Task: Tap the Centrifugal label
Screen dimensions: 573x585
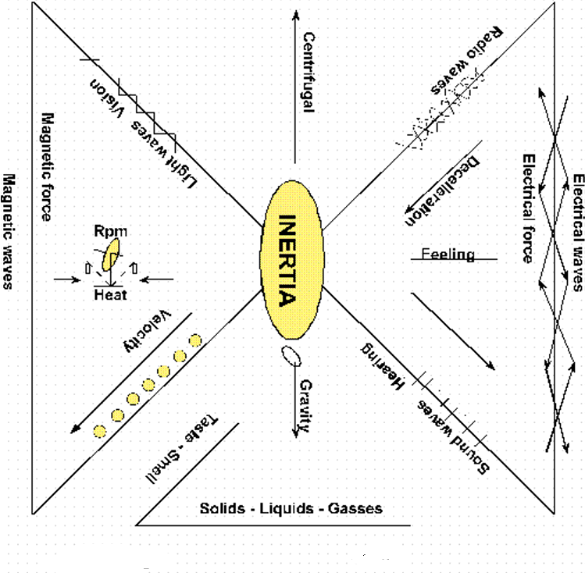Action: pyautogui.click(x=308, y=72)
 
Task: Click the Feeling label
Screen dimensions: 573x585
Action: pyautogui.click(x=448, y=254)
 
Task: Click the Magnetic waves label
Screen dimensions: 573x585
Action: pyautogui.click(x=9, y=231)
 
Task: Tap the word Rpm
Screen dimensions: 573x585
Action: pyautogui.click(x=110, y=231)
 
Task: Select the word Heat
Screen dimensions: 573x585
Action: pyautogui.click(x=110, y=295)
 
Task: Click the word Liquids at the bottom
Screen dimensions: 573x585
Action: pyautogui.click(x=291, y=508)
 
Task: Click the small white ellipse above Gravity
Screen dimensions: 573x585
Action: pyautogui.click(x=292, y=354)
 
